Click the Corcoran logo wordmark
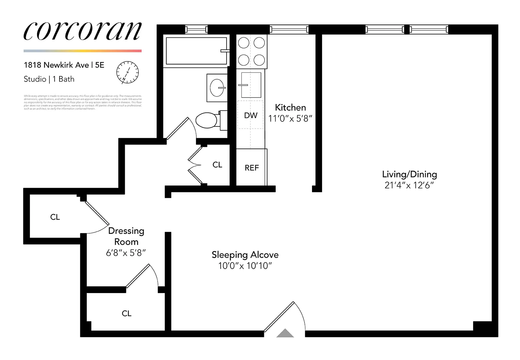point(83,32)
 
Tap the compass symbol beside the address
point(127,72)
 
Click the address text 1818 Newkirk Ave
point(57,65)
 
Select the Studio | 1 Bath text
point(49,79)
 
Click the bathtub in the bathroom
point(196,51)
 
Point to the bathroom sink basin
point(217,87)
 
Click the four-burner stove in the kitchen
point(251,51)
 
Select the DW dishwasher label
point(251,115)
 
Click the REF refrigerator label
point(252,168)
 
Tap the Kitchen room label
point(290,108)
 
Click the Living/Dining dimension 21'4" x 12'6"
point(409,185)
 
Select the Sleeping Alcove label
point(245,255)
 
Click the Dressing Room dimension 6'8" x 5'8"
point(126,253)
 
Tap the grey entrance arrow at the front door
point(285,333)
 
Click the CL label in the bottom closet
point(126,314)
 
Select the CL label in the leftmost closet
point(55,217)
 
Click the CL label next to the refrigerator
point(217,165)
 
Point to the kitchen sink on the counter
point(251,85)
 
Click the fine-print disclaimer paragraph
point(83,102)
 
